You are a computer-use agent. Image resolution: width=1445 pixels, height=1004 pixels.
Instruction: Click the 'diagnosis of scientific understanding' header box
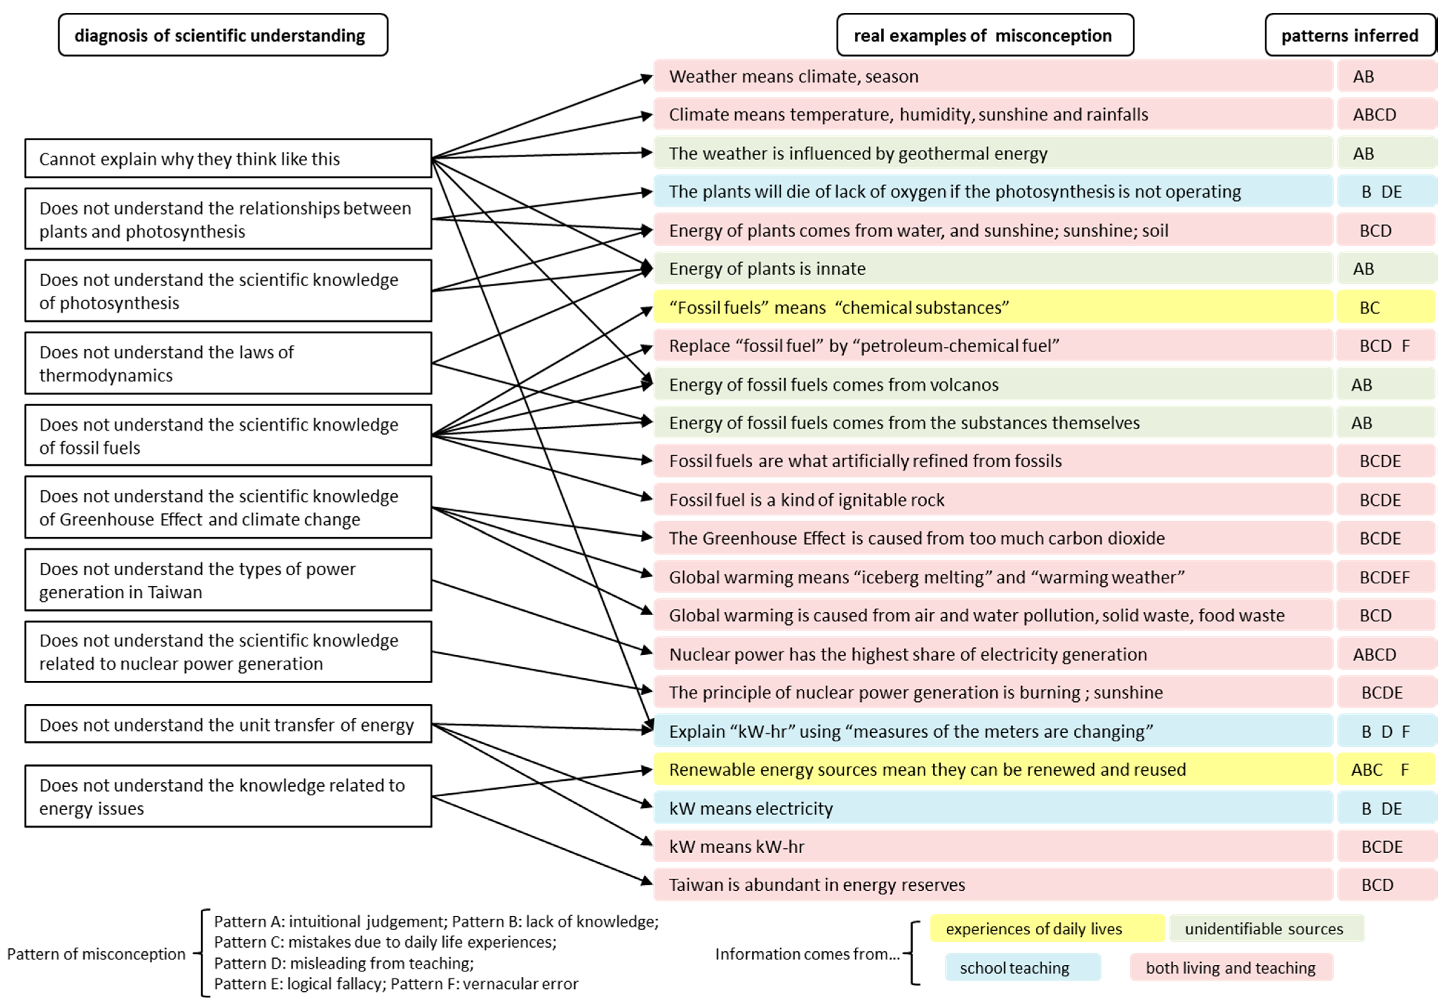223,35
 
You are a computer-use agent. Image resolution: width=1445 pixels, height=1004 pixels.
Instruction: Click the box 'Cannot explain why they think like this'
228,159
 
